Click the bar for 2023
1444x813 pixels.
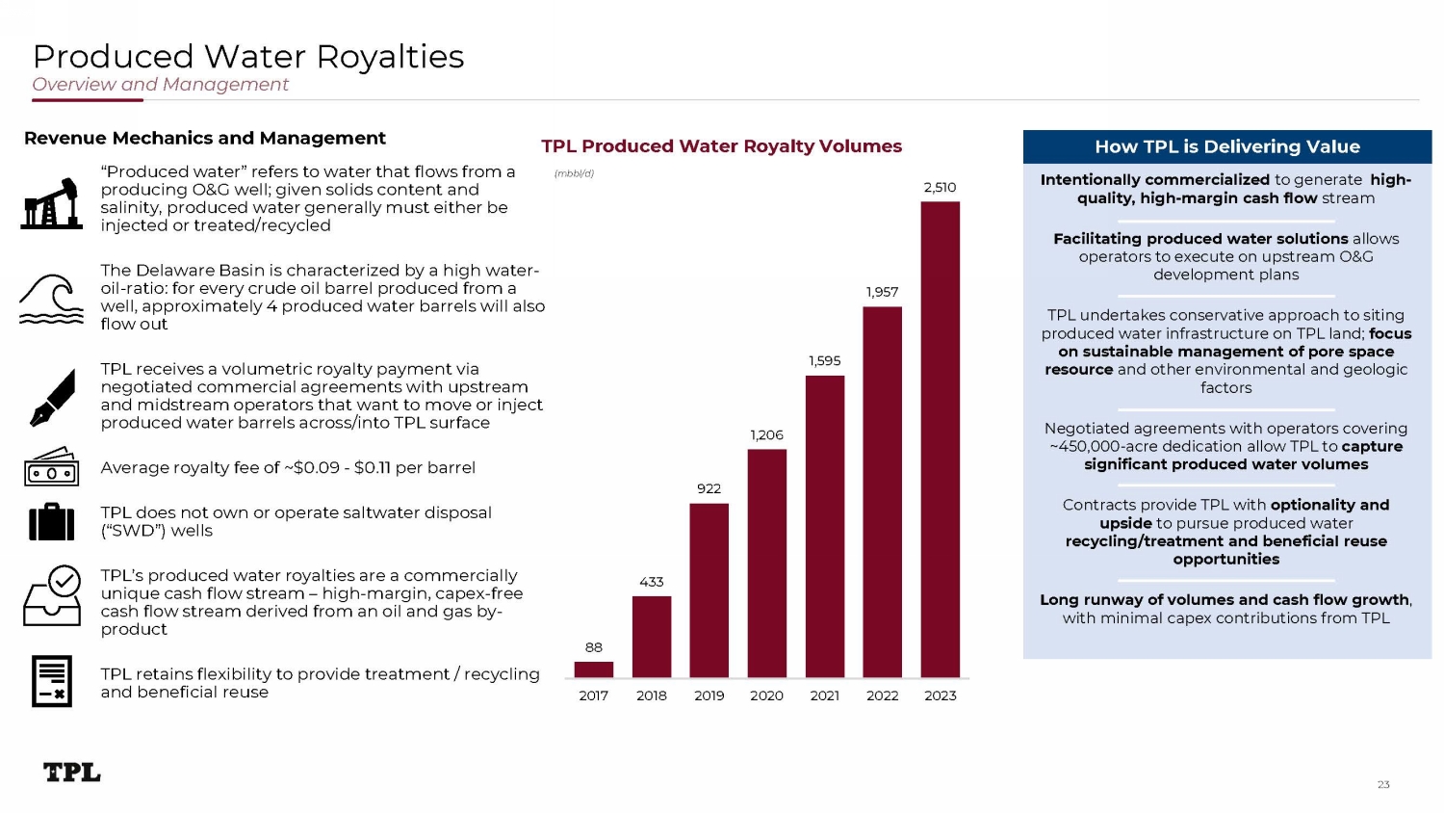coord(940,439)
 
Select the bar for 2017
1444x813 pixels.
coord(593,669)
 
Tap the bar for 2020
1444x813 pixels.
coord(766,564)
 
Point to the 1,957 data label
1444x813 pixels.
coord(882,292)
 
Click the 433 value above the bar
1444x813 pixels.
coord(651,582)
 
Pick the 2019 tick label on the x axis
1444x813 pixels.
coord(709,695)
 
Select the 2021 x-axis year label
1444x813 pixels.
coord(824,695)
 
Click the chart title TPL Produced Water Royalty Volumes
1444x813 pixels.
coord(721,146)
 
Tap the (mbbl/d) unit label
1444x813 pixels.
coord(574,173)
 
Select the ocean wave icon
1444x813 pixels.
coord(51,299)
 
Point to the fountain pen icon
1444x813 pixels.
coord(52,398)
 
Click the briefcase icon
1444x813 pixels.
coord(51,522)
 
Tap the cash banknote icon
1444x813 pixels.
coord(51,469)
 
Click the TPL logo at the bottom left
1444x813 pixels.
coord(72,773)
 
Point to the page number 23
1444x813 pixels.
coord(1383,784)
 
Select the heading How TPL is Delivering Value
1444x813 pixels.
coord(1226,146)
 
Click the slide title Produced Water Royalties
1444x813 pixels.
coord(248,57)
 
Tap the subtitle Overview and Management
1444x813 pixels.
coord(160,85)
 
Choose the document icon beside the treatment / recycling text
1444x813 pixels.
coord(52,681)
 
